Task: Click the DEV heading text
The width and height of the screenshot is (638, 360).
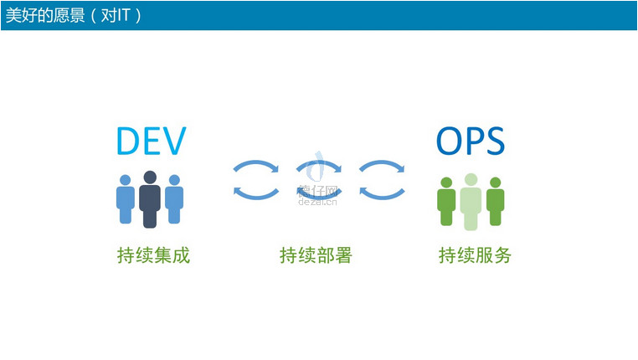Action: tap(152, 141)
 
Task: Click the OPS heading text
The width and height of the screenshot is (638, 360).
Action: tap(471, 141)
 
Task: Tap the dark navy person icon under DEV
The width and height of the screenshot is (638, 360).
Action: tap(150, 199)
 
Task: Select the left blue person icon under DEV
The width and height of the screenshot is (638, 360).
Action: tap(126, 199)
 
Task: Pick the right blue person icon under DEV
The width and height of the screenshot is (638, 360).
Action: tap(174, 199)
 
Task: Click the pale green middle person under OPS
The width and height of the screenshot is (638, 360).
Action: tap(471, 202)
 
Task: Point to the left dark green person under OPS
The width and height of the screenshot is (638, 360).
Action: tap(446, 202)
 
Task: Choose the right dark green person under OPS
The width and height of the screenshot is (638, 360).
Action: tap(495, 202)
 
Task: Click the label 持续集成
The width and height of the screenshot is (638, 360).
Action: tap(153, 255)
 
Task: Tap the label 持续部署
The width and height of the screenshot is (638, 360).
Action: tap(316, 255)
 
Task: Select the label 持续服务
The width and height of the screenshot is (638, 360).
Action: tap(475, 255)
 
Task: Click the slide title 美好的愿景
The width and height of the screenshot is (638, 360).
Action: tap(45, 15)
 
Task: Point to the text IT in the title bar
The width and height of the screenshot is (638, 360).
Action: tap(123, 15)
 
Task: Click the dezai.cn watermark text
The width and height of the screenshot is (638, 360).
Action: tap(317, 202)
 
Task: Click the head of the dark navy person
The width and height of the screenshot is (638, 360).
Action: tap(150, 177)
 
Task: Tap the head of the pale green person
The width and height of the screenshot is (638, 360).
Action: tap(471, 179)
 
